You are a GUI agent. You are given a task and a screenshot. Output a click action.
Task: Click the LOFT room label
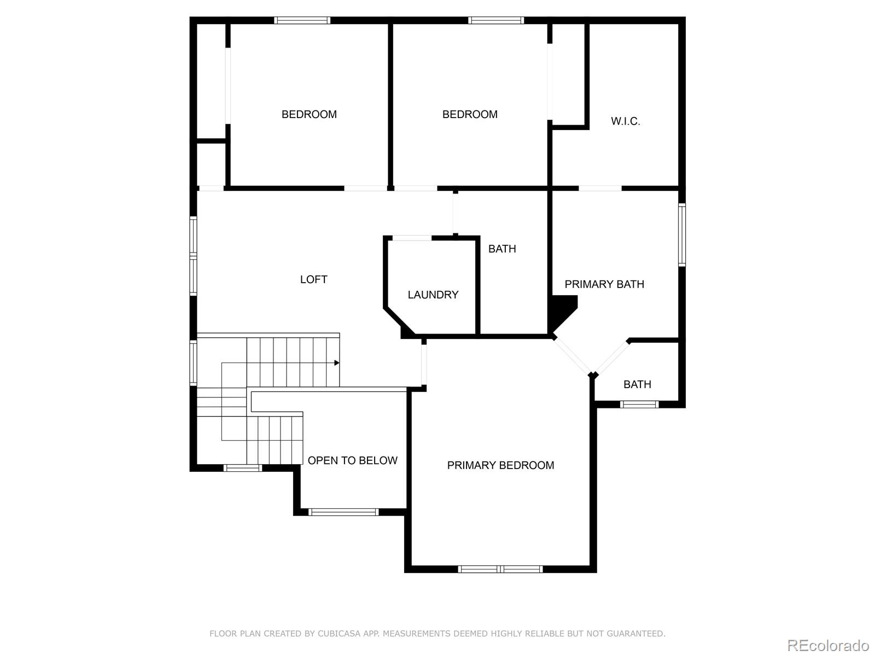click(x=313, y=279)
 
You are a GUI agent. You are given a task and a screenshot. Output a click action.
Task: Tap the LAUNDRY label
click(x=433, y=295)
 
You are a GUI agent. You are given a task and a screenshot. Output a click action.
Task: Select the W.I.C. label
click(x=625, y=121)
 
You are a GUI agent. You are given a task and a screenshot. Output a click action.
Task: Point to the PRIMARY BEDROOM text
click(x=500, y=465)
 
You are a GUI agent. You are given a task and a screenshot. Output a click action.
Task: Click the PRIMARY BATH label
click(x=604, y=284)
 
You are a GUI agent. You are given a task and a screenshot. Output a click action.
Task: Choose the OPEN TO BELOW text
click(x=352, y=460)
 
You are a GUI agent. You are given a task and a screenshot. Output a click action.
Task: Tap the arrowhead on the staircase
click(x=337, y=363)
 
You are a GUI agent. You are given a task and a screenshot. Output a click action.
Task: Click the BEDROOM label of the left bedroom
click(x=309, y=114)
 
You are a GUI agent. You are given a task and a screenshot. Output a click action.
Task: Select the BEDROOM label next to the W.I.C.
click(x=470, y=114)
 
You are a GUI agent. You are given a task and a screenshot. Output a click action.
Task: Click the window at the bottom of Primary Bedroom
click(x=500, y=569)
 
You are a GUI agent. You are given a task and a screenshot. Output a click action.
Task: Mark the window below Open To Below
click(x=343, y=512)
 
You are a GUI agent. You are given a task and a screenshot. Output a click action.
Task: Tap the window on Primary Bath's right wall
click(x=682, y=235)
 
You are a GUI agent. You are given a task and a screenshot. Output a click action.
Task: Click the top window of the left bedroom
click(x=302, y=20)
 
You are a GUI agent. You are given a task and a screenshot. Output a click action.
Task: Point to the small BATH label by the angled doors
click(x=637, y=384)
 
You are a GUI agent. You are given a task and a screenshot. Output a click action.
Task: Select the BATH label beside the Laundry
click(x=501, y=249)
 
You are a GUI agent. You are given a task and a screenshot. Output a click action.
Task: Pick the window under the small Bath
click(x=639, y=405)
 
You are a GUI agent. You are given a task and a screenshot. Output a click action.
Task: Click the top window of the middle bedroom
click(x=495, y=20)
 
